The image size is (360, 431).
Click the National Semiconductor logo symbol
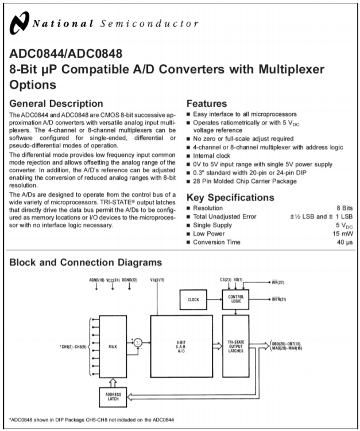point(20,23)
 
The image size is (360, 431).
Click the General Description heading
point(56,104)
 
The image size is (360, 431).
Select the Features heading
point(207,104)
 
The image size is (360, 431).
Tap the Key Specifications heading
point(230,197)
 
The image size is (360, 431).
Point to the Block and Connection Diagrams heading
point(86,262)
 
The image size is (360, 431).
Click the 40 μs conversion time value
point(344,242)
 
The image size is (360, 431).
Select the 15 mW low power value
point(342,234)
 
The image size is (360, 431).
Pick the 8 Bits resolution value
point(344,208)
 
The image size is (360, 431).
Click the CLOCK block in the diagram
point(193,300)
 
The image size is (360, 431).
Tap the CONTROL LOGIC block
point(235,299)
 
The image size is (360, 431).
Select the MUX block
point(113,347)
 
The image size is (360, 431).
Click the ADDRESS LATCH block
point(113,397)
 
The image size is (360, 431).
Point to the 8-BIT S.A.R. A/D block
point(181,346)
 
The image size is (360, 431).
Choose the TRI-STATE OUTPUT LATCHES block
point(235,346)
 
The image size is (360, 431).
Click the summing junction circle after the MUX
point(138,343)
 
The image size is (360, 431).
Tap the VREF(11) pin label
point(157,280)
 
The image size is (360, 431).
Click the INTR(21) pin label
point(279,299)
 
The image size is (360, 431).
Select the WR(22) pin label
point(278,282)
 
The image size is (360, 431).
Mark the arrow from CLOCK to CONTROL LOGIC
point(215,300)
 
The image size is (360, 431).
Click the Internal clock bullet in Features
point(208,156)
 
